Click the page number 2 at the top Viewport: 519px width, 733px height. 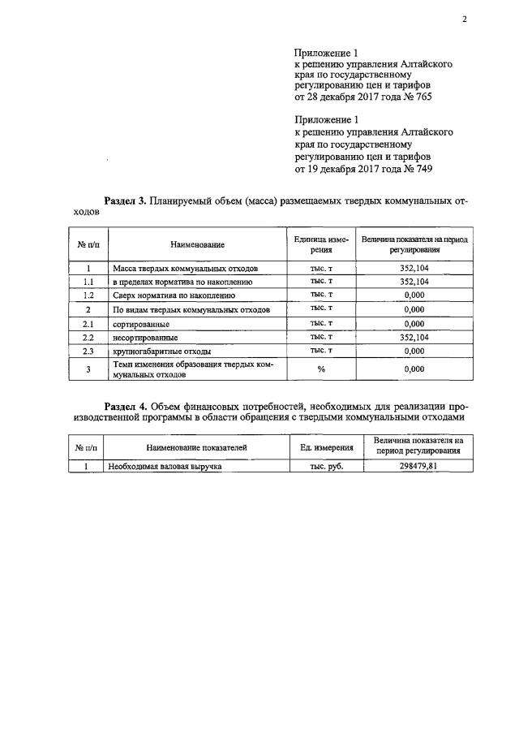465,21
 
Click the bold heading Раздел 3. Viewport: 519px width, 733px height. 126,201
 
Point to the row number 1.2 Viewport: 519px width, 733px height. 88,295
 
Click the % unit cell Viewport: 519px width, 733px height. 321,370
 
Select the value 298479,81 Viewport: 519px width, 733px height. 414,467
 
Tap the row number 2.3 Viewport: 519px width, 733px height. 88,351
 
